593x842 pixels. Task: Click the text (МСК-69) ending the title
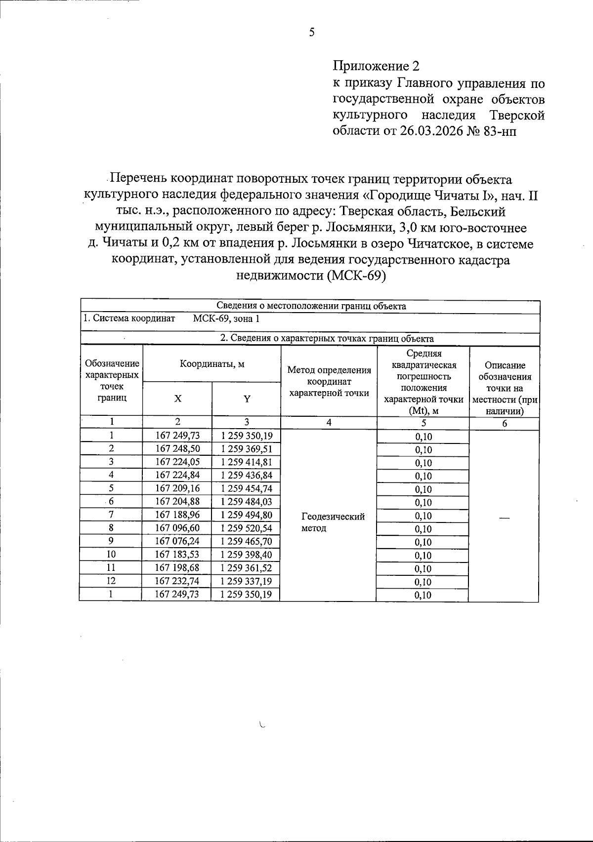(x=355, y=276)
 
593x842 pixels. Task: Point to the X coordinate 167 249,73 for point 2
(x=177, y=436)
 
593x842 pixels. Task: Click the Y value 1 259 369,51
(x=246, y=449)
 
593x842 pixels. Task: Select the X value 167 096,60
(x=177, y=528)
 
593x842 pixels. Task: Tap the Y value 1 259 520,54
(x=246, y=528)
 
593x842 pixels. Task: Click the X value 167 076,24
(x=177, y=541)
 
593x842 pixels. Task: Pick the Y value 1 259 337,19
(x=246, y=581)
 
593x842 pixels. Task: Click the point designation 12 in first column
(x=111, y=581)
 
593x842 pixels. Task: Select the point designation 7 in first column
(x=111, y=515)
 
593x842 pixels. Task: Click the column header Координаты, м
(x=212, y=364)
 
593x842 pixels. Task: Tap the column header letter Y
(x=247, y=399)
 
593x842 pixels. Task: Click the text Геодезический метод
(x=332, y=522)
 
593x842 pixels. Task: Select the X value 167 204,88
(x=177, y=502)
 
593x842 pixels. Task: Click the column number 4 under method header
(x=329, y=422)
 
